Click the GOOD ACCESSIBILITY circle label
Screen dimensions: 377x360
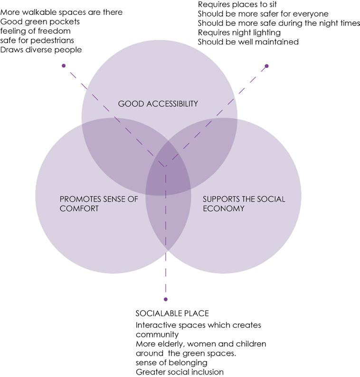(157, 104)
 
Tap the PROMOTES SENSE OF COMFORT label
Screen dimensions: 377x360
(98, 204)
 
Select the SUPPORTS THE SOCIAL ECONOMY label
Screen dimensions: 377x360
(244, 204)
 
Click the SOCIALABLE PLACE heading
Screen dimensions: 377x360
(172, 314)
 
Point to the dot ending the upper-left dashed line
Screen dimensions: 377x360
(64, 66)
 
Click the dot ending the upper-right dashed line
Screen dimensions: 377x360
(266, 66)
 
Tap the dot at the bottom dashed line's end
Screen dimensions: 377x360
(165, 299)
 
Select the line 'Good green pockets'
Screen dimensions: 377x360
(40, 22)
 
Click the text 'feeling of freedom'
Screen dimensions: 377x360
(36, 31)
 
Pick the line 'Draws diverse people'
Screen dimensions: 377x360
(41, 49)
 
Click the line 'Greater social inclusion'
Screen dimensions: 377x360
(180, 372)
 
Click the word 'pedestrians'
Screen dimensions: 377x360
(54, 40)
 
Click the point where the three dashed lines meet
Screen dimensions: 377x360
(165, 166)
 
